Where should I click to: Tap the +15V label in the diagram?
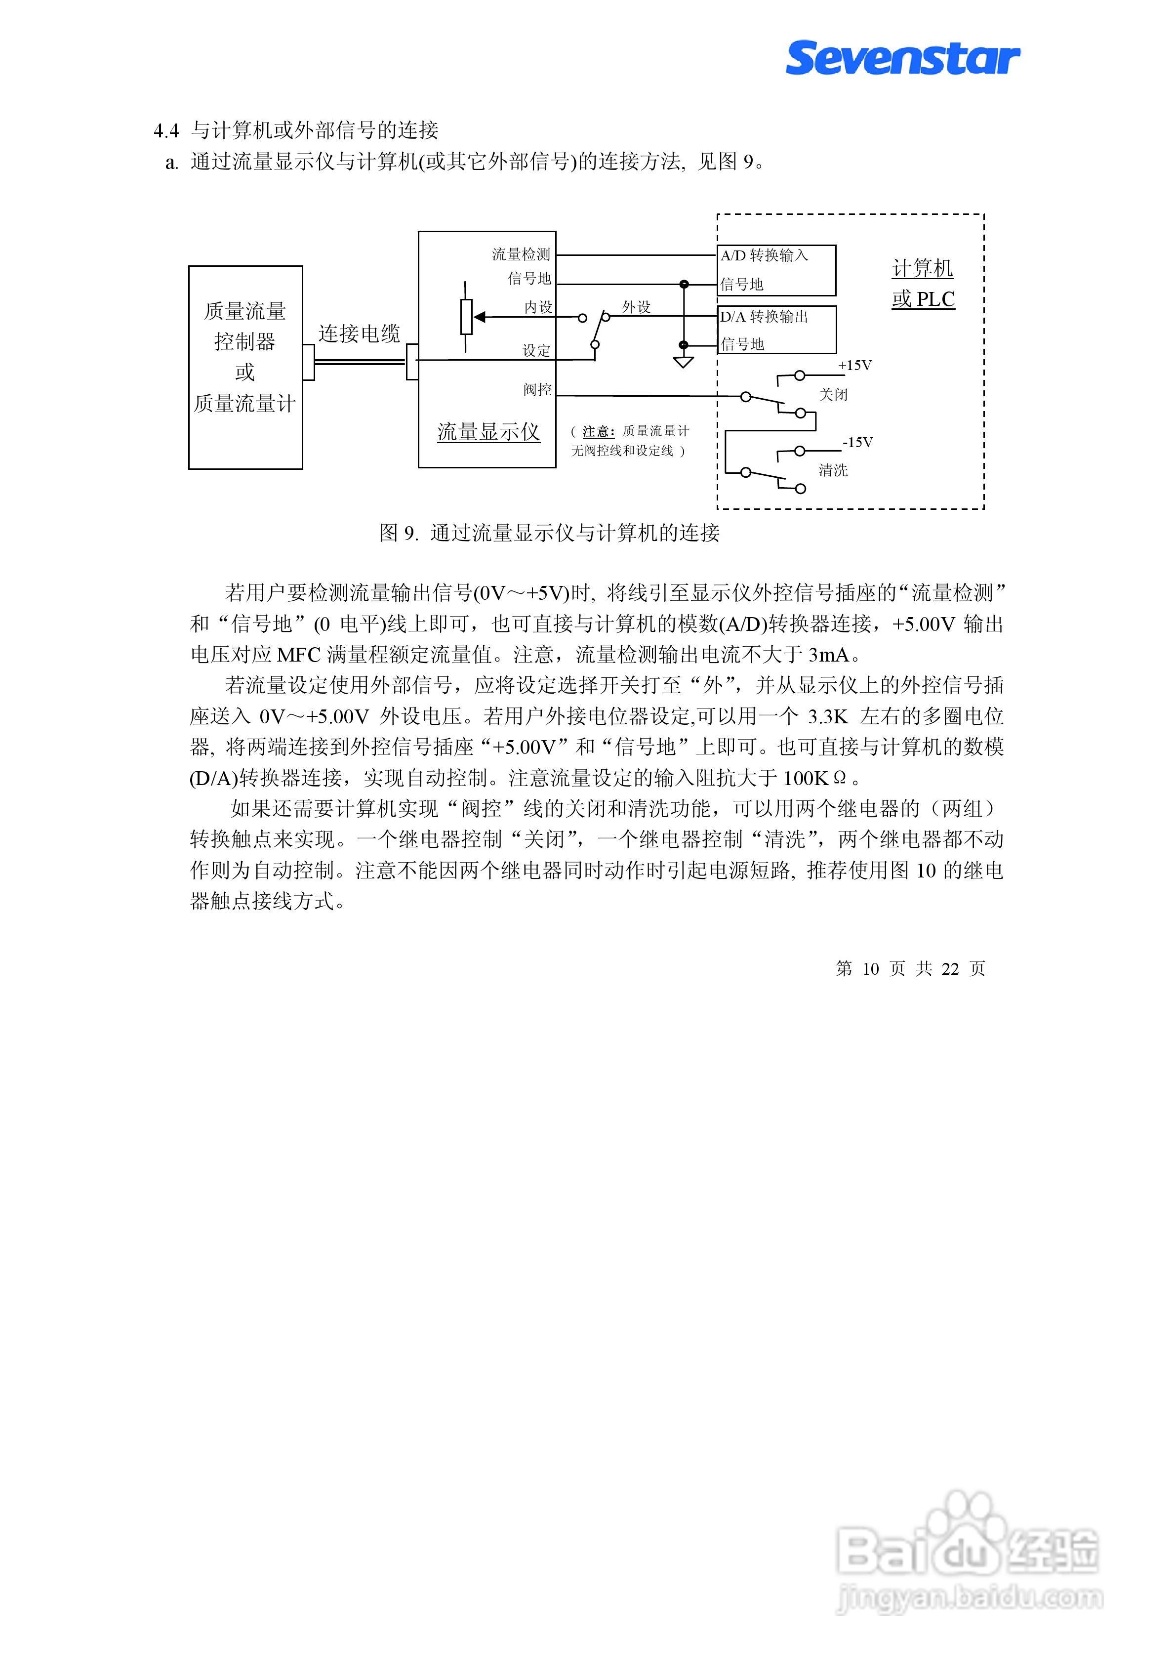(854, 365)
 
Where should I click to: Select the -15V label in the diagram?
(857, 442)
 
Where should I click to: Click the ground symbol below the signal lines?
(683, 361)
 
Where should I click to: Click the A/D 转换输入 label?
(764, 255)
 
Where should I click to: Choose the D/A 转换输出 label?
(764, 317)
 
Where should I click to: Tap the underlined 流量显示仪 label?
(488, 432)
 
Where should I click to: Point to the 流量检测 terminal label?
(521, 254)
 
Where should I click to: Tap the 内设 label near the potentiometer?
(538, 307)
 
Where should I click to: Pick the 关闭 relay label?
(833, 395)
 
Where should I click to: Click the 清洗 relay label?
(833, 470)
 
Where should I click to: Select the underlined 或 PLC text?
(923, 299)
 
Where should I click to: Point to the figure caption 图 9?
(399, 534)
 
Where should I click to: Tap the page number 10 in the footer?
(870, 969)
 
